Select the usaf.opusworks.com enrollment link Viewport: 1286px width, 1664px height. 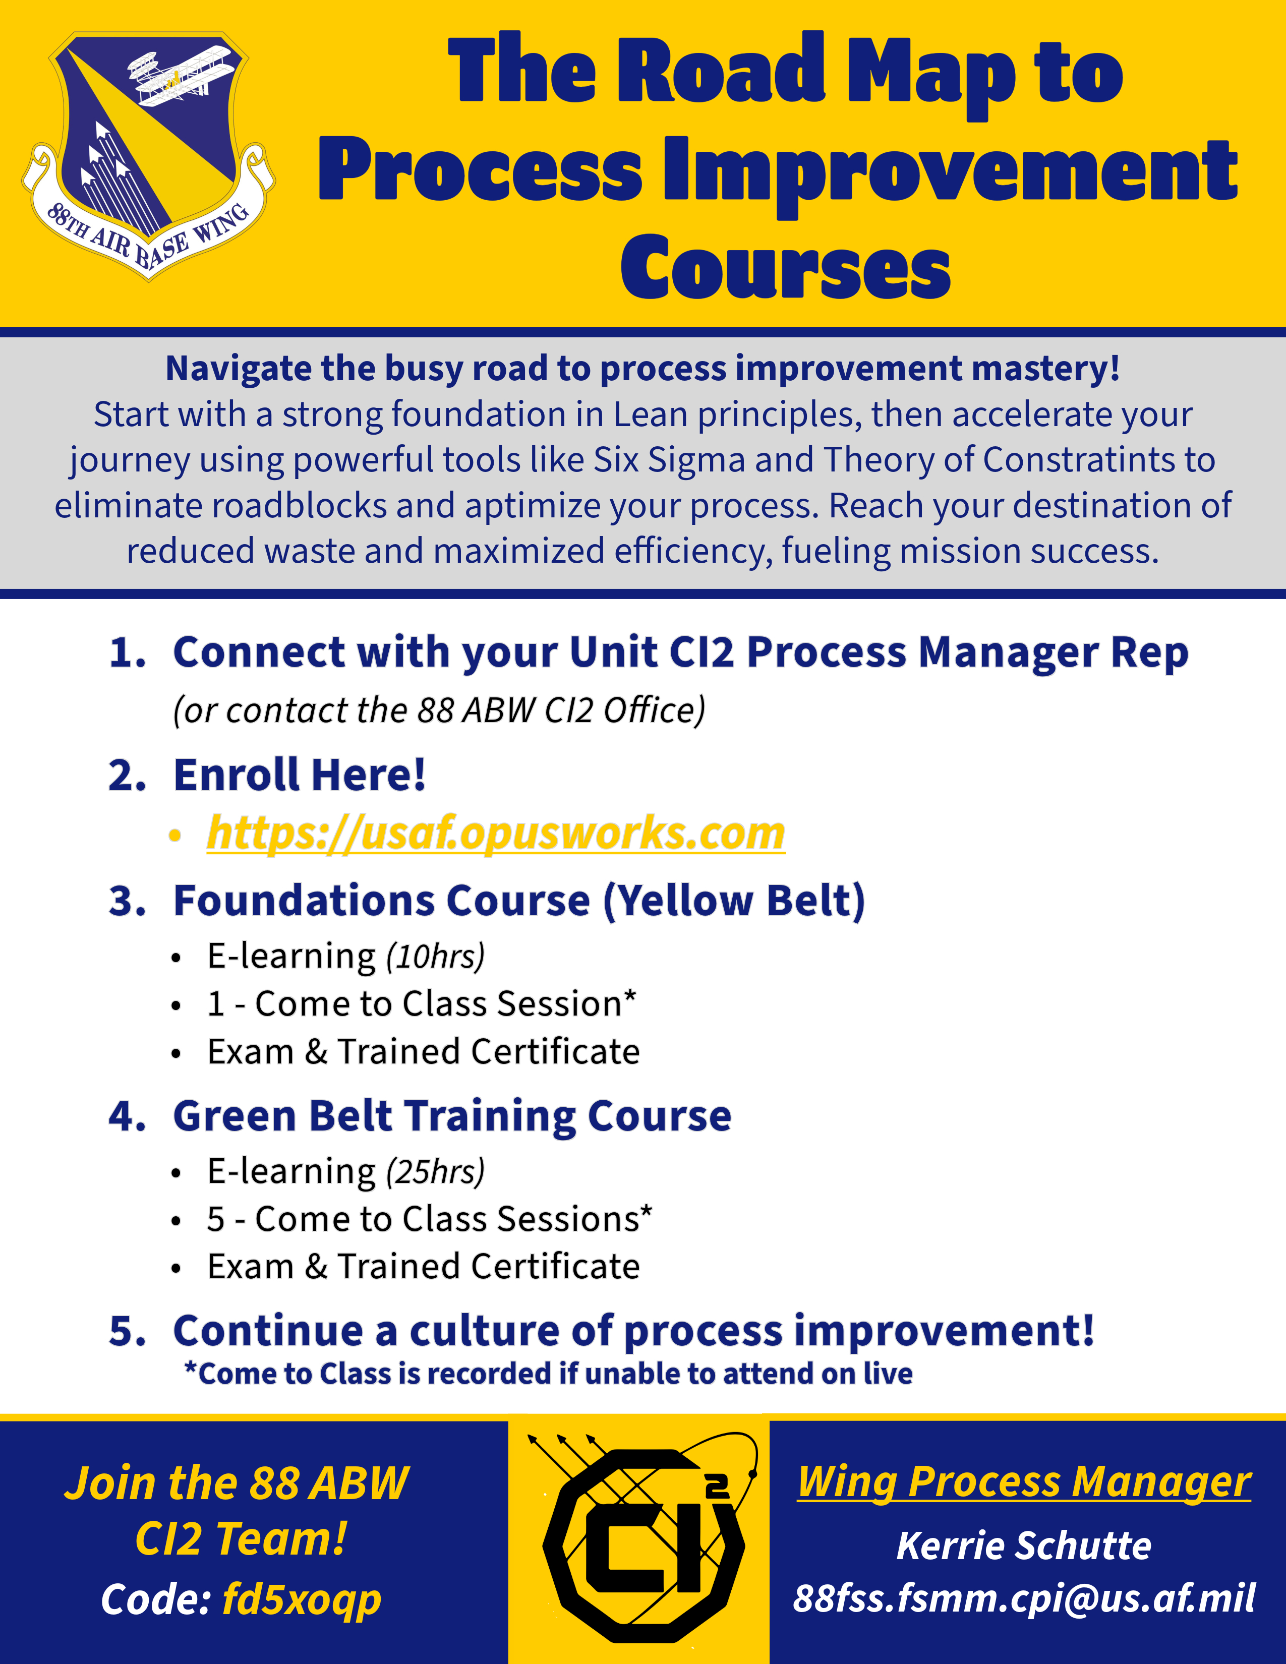(x=496, y=833)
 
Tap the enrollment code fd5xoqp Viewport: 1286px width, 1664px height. (x=302, y=1600)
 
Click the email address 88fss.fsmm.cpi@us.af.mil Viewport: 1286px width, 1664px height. (x=1024, y=1598)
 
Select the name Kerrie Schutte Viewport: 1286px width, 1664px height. (x=1024, y=1546)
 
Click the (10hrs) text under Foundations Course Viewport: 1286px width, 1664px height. (x=435, y=957)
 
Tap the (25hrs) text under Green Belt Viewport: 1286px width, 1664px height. (x=435, y=1172)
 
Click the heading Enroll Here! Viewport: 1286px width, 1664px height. (x=300, y=776)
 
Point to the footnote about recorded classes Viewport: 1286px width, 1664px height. (x=549, y=1374)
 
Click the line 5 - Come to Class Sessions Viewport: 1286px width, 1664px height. (x=430, y=1219)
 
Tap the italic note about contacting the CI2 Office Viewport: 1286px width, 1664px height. (x=439, y=710)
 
